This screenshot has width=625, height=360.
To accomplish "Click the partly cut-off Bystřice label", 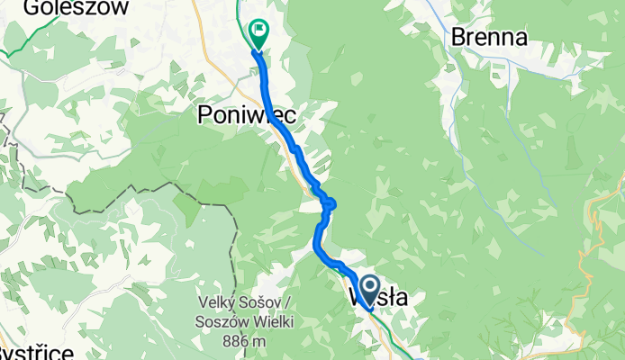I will (36, 352).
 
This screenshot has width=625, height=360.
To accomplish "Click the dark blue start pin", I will (369, 293).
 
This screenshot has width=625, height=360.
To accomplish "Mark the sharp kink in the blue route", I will (331, 203).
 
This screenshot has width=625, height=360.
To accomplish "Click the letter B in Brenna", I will (457, 38).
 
